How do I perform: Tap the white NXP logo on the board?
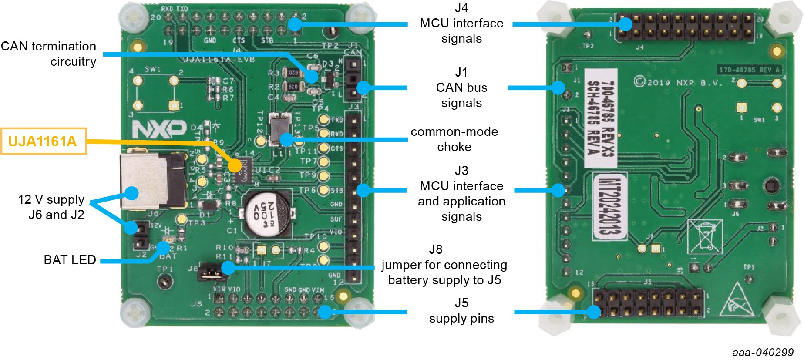pyautogui.click(x=159, y=129)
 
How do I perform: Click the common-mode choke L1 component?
pyautogui.click(x=280, y=129)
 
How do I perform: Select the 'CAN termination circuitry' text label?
pyautogui.click(x=49, y=54)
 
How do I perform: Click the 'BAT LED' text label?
pyautogui.click(x=70, y=260)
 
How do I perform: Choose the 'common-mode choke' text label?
pyautogui.click(x=454, y=139)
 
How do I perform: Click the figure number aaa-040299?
pyautogui.click(x=763, y=352)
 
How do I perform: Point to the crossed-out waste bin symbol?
pyautogui.click(x=704, y=236)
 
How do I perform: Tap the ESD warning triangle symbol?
pyautogui.click(x=737, y=300)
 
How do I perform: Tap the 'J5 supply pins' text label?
pyautogui.click(x=461, y=311)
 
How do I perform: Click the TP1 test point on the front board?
pyautogui.click(x=164, y=283)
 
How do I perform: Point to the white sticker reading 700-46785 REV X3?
pyautogui.click(x=600, y=118)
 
